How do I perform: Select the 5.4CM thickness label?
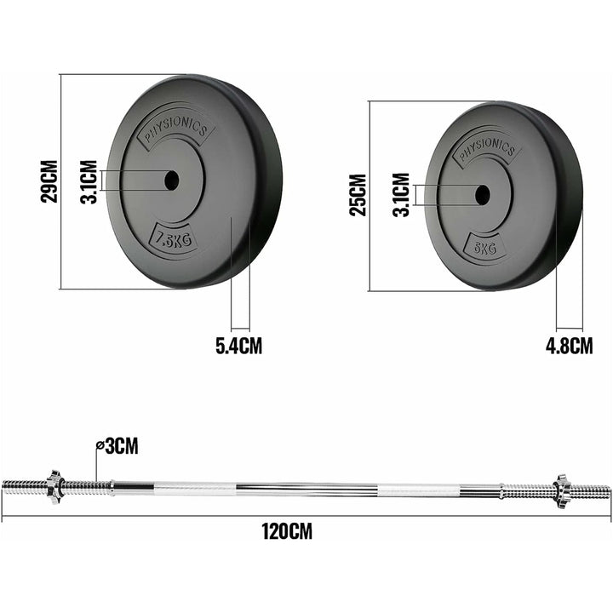click(x=238, y=346)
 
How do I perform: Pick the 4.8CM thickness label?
click(x=570, y=345)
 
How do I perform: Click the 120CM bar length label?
click(x=286, y=532)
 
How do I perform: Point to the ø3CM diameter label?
click(x=117, y=444)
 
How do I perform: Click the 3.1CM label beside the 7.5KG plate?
click(x=89, y=180)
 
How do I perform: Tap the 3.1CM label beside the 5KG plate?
click(x=400, y=195)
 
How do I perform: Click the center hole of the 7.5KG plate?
click(x=171, y=180)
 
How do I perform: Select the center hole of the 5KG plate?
click(x=482, y=194)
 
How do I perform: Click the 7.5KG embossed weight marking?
click(x=173, y=239)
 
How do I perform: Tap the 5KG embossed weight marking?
click(x=484, y=247)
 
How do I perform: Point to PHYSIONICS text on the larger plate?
click(x=175, y=129)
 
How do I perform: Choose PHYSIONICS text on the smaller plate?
click(x=486, y=150)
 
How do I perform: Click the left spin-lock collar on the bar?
click(x=53, y=488)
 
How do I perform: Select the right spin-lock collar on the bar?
click(x=561, y=490)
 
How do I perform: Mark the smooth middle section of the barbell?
click(x=306, y=489)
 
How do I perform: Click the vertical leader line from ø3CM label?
click(x=96, y=464)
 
